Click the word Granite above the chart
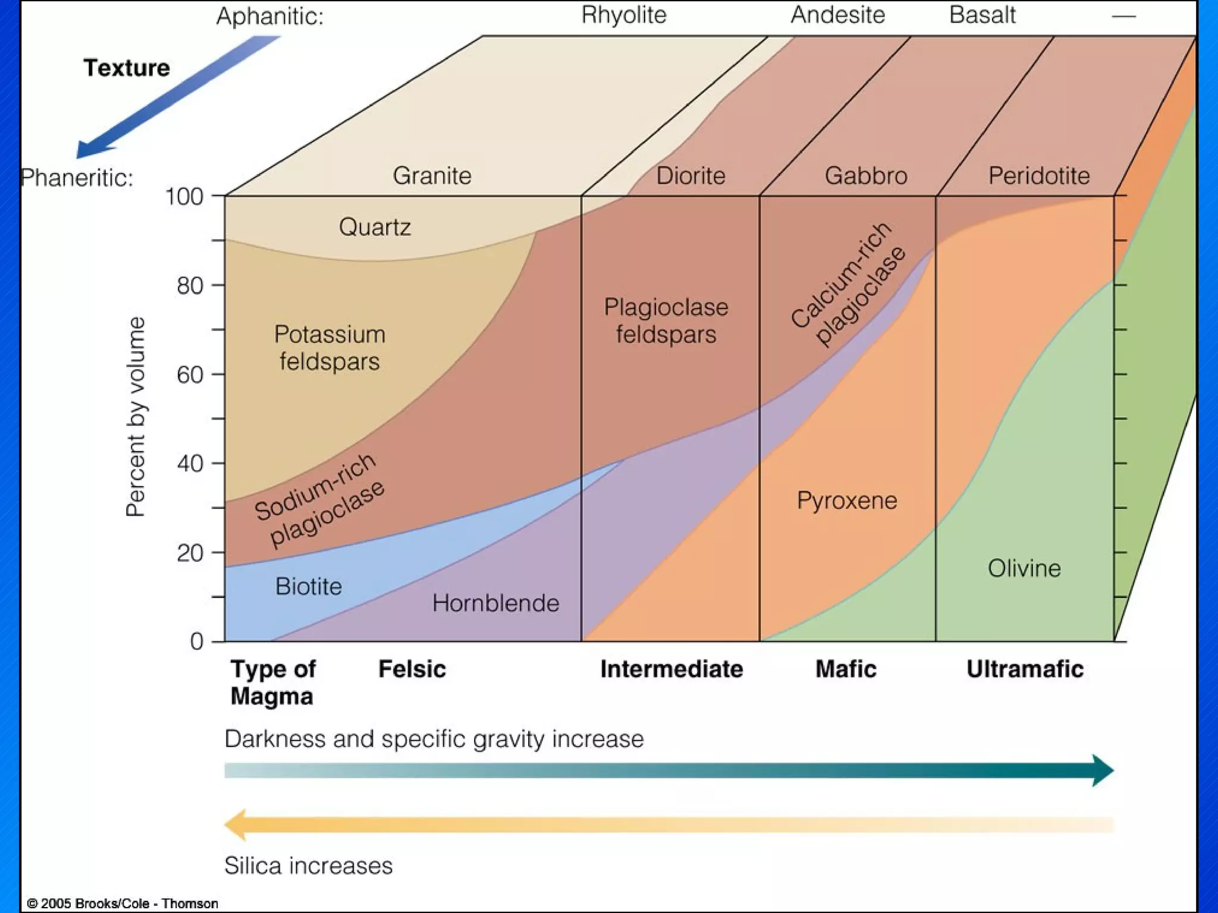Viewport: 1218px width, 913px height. [x=432, y=176]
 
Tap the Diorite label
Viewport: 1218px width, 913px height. [x=690, y=176]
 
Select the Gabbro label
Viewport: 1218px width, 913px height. [x=866, y=176]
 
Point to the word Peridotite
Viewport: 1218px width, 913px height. [x=1039, y=176]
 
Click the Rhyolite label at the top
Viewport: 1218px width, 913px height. [x=624, y=15]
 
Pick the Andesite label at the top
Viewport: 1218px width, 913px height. [x=837, y=15]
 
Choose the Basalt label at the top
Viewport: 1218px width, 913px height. [x=982, y=15]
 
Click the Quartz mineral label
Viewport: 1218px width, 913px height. [x=375, y=227]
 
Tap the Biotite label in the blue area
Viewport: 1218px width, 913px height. [x=308, y=587]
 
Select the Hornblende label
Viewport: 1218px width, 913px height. [x=495, y=603]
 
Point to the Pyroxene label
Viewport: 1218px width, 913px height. [x=847, y=500]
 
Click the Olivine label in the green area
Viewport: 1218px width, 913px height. [x=1024, y=569]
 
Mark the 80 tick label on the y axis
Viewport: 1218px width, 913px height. [x=190, y=286]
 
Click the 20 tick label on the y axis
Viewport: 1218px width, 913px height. [x=190, y=553]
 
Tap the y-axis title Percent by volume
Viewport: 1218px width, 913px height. [x=136, y=417]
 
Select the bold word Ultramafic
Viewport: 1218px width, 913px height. [x=1025, y=669]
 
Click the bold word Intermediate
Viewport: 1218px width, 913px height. [x=671, y=669]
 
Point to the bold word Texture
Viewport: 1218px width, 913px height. [x=127, y=68]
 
